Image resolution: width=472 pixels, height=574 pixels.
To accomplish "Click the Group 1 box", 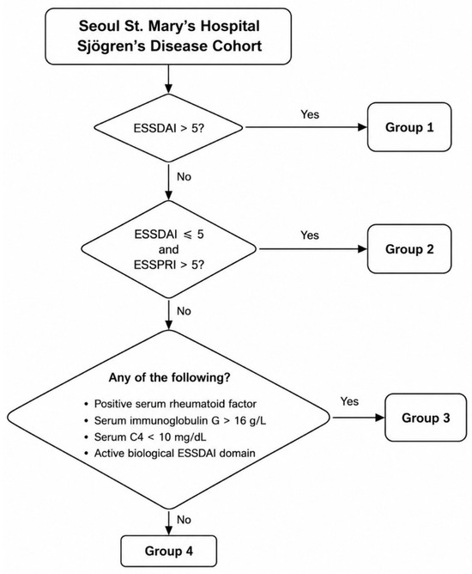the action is pos(409,127).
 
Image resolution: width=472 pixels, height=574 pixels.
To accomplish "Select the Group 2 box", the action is pos(409,249).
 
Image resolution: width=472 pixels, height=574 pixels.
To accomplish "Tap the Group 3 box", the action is pos(426,418).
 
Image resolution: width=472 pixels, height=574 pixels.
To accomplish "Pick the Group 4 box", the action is pos(168,551).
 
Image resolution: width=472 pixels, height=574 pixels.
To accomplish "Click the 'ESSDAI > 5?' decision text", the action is pos(168,129).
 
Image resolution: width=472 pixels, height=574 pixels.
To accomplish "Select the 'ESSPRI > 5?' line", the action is pos(168,265).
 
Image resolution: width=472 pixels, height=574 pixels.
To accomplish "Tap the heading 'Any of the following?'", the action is pos(170,377).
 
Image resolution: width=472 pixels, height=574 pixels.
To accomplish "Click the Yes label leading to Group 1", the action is pos(310,114).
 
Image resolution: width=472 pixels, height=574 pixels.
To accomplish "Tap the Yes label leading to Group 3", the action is pos(349,401).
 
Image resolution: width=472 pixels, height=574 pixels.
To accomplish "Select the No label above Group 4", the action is pos(184,520).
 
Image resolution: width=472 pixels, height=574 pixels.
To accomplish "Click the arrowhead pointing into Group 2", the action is pos(362,249).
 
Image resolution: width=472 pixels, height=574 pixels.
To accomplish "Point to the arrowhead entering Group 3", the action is pos(380,418).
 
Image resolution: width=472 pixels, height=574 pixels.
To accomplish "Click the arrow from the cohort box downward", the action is pos(168,79).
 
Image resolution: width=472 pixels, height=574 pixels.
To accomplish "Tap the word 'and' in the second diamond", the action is pos(168,249).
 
